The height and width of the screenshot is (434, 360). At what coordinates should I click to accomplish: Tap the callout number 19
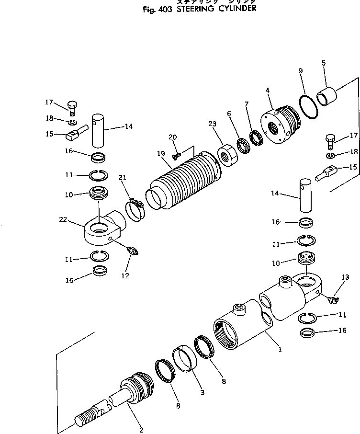click(x=161, y=154)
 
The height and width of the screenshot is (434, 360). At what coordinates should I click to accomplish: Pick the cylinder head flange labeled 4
click(x=281, y=124)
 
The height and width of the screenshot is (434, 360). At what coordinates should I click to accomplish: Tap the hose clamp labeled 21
click(x=135, y=211)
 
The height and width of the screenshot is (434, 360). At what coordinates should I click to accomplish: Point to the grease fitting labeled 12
click(x=132, y=250)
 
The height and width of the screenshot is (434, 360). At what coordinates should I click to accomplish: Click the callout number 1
click(x=280, y=349)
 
